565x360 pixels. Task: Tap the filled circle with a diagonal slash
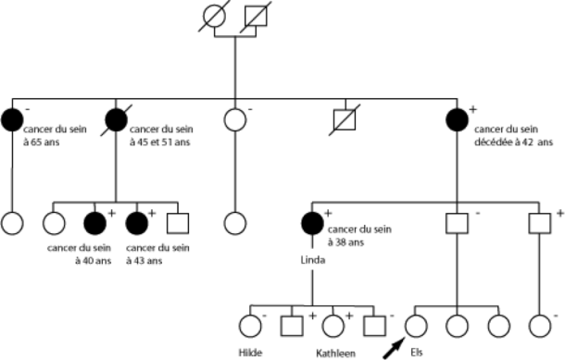[x=117, y=118]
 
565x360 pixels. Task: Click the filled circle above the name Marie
[x=311, y=223]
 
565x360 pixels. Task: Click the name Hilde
[x=248, y=353]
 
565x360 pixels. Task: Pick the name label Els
[x=419, y=353]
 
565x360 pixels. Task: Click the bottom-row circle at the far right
[x=539, y=325]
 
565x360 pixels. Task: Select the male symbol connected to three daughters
[x=457, y=223]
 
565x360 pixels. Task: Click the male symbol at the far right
[x=539, y=223]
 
